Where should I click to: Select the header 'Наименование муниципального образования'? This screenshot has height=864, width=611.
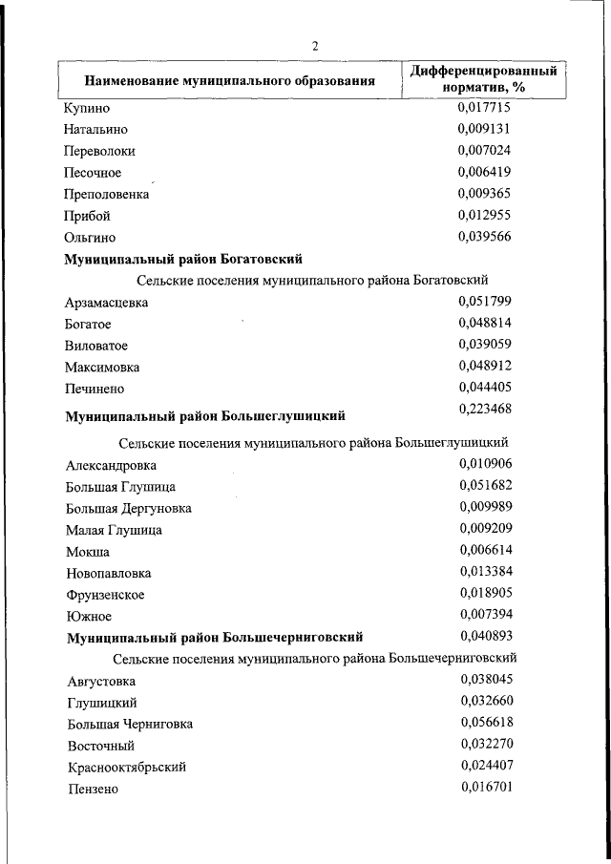(229, 81)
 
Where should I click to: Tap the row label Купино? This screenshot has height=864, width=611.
(87, 108)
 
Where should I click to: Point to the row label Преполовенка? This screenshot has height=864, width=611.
(107, 194)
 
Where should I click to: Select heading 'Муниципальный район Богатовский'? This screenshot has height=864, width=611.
(183, 259)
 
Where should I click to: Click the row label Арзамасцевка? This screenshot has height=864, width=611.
(107, 303)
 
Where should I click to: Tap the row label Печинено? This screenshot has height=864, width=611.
(95, 389)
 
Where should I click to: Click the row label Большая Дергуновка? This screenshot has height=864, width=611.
(129, 508)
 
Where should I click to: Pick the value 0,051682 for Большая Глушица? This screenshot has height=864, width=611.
(486, 485)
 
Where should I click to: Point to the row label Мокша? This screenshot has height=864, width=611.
(88, 552)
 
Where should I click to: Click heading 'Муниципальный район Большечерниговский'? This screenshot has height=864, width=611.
(215, 638)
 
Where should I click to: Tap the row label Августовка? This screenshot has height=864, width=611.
(101, 682)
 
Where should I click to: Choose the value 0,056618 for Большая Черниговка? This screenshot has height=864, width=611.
(487, 723)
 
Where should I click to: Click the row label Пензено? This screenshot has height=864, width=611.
(93, 789)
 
